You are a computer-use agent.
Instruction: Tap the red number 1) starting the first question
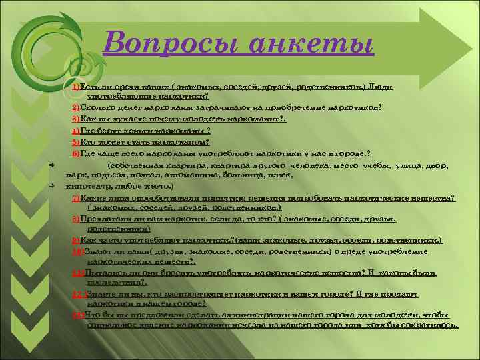(x=77, y=87)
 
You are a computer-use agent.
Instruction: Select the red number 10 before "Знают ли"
(x=77, y=251)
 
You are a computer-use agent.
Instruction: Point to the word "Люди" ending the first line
(x=384, y=87)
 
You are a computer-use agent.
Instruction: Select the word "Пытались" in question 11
(x=100, y=273)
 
